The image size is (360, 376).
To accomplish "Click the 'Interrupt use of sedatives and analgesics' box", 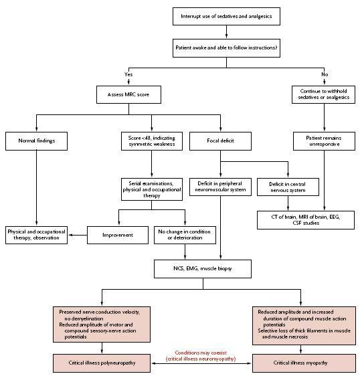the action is [226, 16].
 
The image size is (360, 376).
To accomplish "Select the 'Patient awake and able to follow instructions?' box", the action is [226, 48].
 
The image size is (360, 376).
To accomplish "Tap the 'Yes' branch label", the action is [128, 74].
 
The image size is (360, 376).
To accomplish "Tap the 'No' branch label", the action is [325, 74].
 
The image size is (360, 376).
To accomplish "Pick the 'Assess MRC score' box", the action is [128, 95].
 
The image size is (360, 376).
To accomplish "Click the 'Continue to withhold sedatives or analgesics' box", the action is [323, 94].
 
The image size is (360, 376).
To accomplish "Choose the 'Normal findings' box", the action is [36, 141].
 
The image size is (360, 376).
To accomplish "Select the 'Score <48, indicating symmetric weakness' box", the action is [152, 141].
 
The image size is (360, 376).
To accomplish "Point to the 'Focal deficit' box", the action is [220, 141].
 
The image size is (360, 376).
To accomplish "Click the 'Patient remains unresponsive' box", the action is [324, 141].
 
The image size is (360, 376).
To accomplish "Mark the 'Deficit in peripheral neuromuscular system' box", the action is [220, 187].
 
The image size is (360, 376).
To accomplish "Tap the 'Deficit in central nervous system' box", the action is [288, 187].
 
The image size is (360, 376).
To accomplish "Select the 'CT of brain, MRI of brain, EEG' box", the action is [306, 220].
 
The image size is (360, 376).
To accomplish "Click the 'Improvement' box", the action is [118, 235].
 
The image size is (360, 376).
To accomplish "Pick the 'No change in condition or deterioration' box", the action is [185, 235].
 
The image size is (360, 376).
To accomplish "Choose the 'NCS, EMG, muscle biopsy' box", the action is [203, 269].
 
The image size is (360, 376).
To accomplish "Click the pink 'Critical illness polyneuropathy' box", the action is [102, 363].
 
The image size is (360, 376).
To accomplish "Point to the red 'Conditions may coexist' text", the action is [201, 353].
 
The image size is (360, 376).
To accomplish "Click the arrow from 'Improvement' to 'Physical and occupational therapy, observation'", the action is [78, 235].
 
